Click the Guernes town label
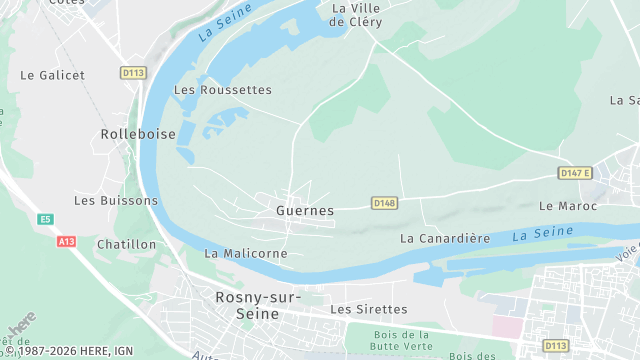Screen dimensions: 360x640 tap(304, 211)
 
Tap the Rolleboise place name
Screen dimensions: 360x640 tap(138, 133)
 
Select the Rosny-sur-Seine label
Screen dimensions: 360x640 tap(257, 305)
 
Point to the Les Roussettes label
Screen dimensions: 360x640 tap(223, 90)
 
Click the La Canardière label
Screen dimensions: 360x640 tap(445, 239)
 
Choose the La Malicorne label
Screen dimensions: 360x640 tap(246, 254)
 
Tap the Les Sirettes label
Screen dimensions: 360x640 tap(369, 310)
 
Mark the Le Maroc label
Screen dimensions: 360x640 tap(567, 206)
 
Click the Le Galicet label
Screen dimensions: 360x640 tap(52, 75)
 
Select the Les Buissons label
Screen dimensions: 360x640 tap(116, 200)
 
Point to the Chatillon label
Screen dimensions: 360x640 tap(127, 244)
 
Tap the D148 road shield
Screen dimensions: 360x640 tap(385, 203)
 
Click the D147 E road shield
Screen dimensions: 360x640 tap(575, 173)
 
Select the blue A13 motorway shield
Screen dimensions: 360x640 tap(67, 241)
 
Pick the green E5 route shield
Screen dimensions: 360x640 tap(45, 219)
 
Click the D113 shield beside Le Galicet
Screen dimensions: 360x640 tap(132, 73)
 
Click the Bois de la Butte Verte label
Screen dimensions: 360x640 tap(399, 340)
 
